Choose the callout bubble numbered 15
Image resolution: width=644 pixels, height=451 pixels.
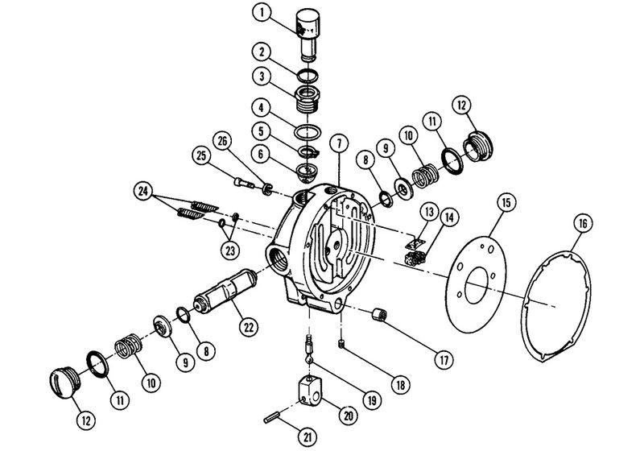[x=504, y=201]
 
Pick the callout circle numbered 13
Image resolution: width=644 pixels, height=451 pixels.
[x=427, y=212]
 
